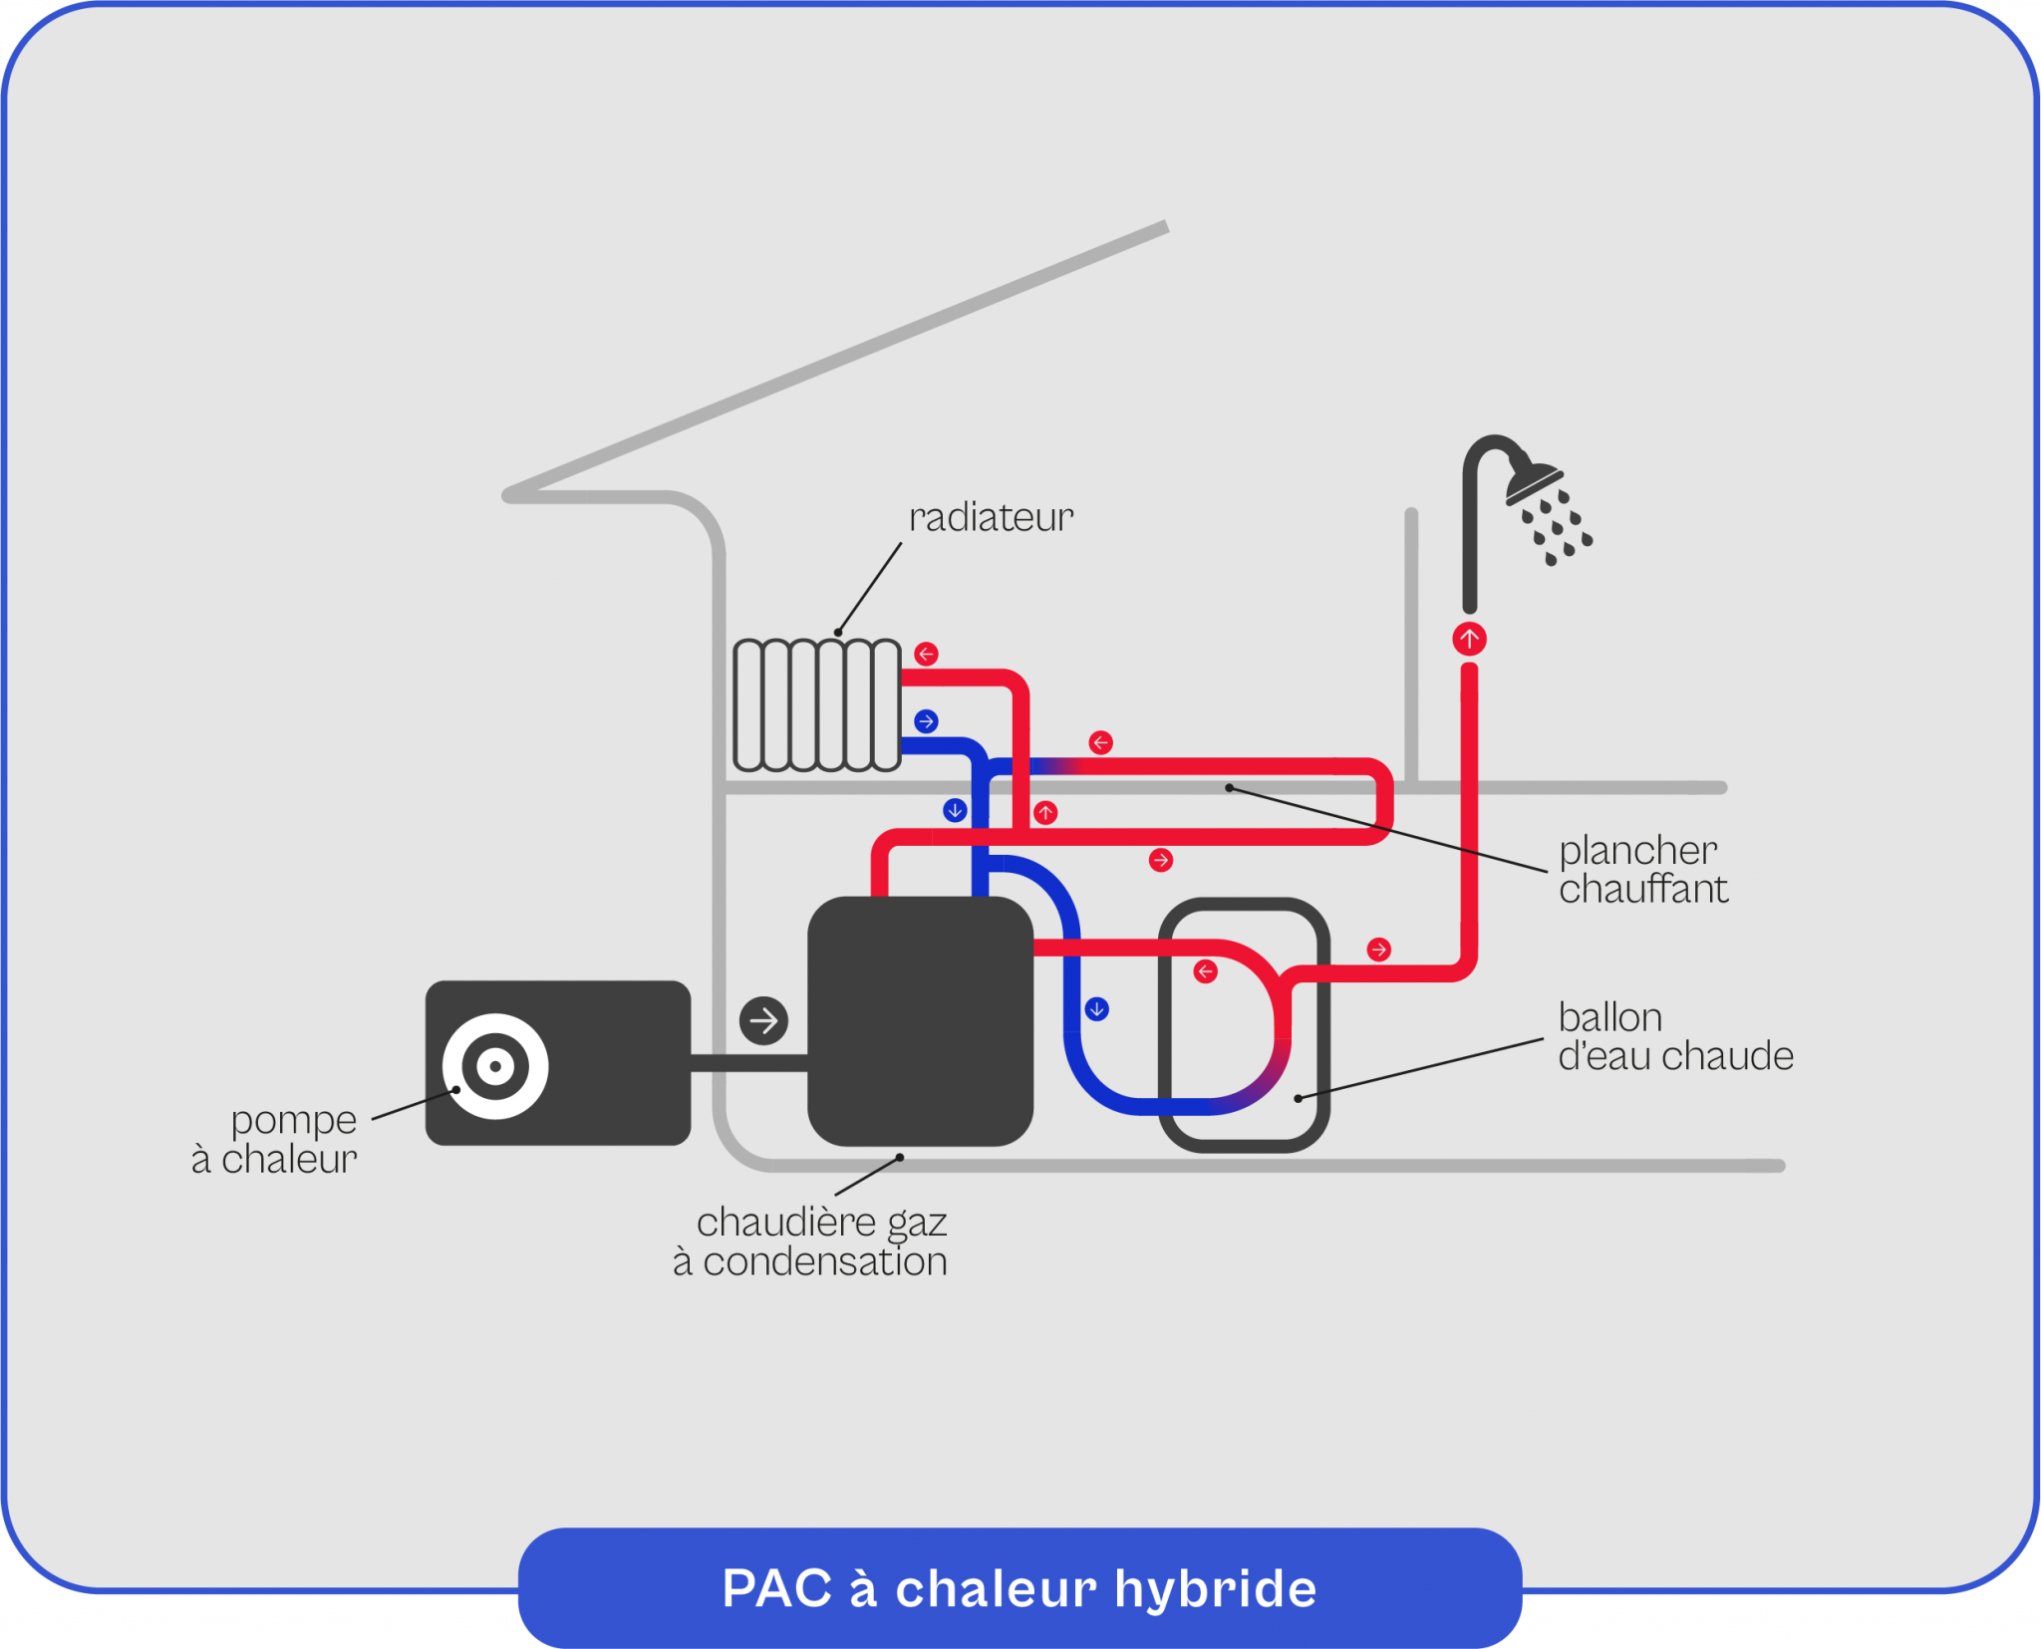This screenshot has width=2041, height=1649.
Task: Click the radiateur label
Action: point(991,517)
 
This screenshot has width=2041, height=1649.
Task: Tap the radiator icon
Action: point(817,705)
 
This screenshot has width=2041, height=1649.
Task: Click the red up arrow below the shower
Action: point(1469,639)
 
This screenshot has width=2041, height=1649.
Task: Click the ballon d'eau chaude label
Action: point(1674,1036)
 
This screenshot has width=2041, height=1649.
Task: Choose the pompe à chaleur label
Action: point(276,1140)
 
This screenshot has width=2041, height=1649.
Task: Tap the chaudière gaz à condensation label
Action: point(811,1241)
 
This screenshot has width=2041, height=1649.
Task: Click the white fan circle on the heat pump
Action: point(495,1066)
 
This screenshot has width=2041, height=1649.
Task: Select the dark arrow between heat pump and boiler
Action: point(764,1020)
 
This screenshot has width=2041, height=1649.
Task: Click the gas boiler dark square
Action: point(920,1020)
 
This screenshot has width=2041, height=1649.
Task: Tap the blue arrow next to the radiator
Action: point(926,721)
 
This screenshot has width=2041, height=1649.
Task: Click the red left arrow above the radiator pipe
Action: point(926,654)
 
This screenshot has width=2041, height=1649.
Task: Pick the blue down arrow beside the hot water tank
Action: point(1096,1009)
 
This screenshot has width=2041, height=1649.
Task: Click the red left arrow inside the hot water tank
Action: point(1205,971)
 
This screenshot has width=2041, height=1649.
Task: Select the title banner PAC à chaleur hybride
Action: point(1020,1587)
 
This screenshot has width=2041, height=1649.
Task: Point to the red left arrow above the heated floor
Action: point(1100,742)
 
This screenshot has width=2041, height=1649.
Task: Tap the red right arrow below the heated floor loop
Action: point(1160,860)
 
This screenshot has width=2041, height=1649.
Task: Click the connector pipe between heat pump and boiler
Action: point(748,1063)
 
